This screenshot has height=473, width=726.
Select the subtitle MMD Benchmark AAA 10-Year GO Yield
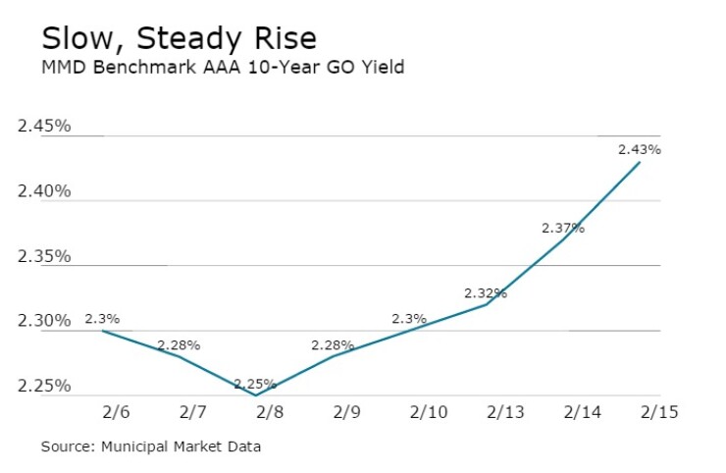tap(222, 68)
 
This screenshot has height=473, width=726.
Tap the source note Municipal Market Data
tap(151, 447)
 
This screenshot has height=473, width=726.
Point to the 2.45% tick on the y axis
tap(44, 126)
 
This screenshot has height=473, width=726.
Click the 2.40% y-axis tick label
tap(44, 190)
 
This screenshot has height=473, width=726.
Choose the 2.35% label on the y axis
tap(44, 256)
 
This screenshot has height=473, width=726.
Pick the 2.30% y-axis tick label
tap(44, 321)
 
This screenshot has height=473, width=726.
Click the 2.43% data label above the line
tap(639, 150)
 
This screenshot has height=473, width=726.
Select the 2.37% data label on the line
tap(563, 228)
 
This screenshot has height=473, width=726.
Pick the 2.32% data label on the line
tap(486, 292)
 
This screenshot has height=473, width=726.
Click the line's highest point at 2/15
tap(640, 162)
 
